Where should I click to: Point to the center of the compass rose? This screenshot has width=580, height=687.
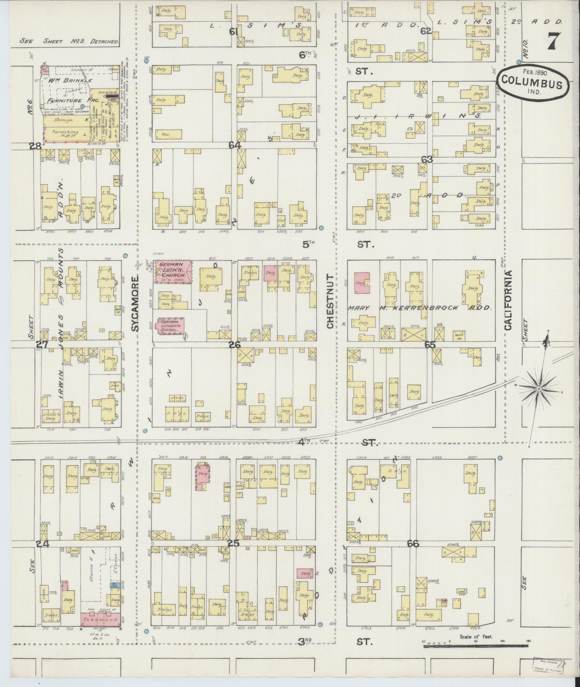[539, 389]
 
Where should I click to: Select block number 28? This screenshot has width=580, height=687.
[35, 146]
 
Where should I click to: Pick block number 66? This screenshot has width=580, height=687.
[413, 554]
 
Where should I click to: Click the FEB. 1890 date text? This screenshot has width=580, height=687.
[533, 71]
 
